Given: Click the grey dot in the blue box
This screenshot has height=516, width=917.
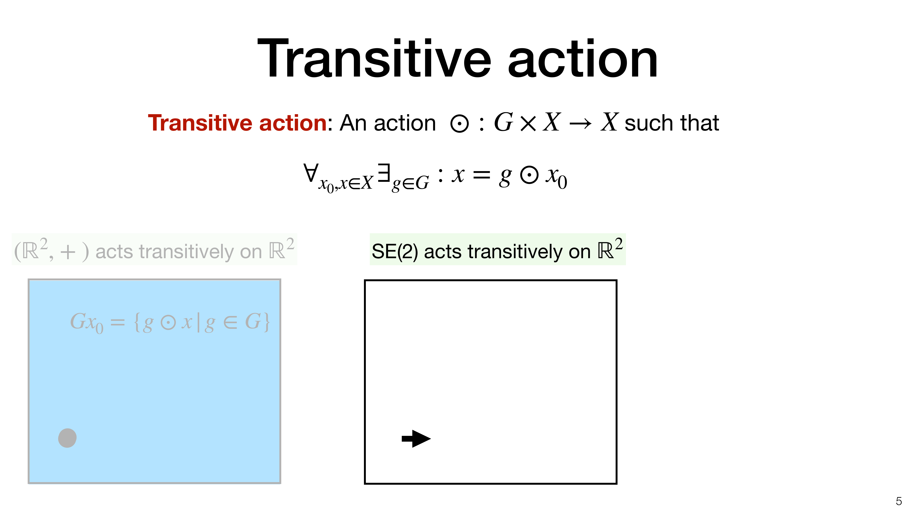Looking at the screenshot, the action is point(67,438).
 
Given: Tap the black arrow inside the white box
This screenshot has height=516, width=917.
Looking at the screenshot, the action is point(416,439).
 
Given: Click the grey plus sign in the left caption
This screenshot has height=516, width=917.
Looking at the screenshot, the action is point(68,252).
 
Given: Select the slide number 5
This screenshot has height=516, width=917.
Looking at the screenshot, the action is point(899,501).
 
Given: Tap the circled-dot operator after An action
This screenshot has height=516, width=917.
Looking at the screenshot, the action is point(460,124).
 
